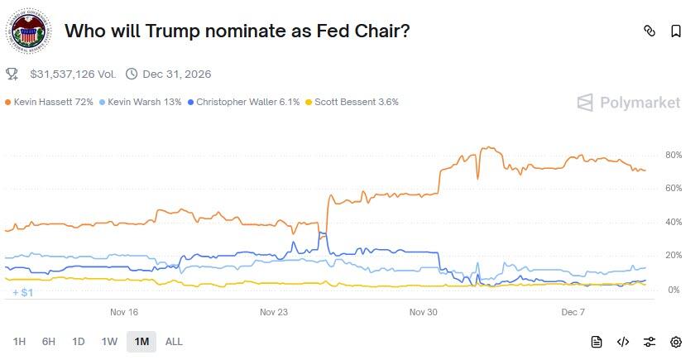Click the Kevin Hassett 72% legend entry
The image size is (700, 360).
pyautogui.click(x=49, y=103)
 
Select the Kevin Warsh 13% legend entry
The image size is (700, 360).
pyautogui.click(x=140, y=103)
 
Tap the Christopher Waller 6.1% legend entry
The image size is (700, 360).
pyautogui.click(x=242, y=103)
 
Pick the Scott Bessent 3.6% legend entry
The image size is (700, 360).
pyautogui.click(x=352, y=103)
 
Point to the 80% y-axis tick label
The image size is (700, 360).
pyautogui.click(x=673, y=155)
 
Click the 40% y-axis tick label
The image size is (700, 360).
pyautogui.click(x=673, y=223)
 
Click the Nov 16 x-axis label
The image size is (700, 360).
pyautogui.click(x=124, y=312)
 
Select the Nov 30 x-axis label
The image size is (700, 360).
pyautogui.click(x=423, y=312)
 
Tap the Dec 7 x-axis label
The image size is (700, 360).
pyautogui.click(x=573, y=312)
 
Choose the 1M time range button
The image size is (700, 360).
pyautogui.click(x=141, y=342)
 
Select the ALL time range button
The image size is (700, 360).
pyautogui.click(x=174, y=342)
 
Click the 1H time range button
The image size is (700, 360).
pyautogui.click(x=19, y=342)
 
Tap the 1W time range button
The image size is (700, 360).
pyautogui.click(x=109, y=342)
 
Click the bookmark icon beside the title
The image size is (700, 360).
pyautogui.click(x=676, y=31)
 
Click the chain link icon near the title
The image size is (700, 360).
pyautogui.click(x=650, y=31)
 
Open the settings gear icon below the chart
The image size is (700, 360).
pyautogui.click(x=676, y=342)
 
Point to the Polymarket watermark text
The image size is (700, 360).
pyautogui.click(x=640, y=103)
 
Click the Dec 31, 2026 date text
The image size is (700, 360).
pyautogui.click(x=176, y=74)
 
